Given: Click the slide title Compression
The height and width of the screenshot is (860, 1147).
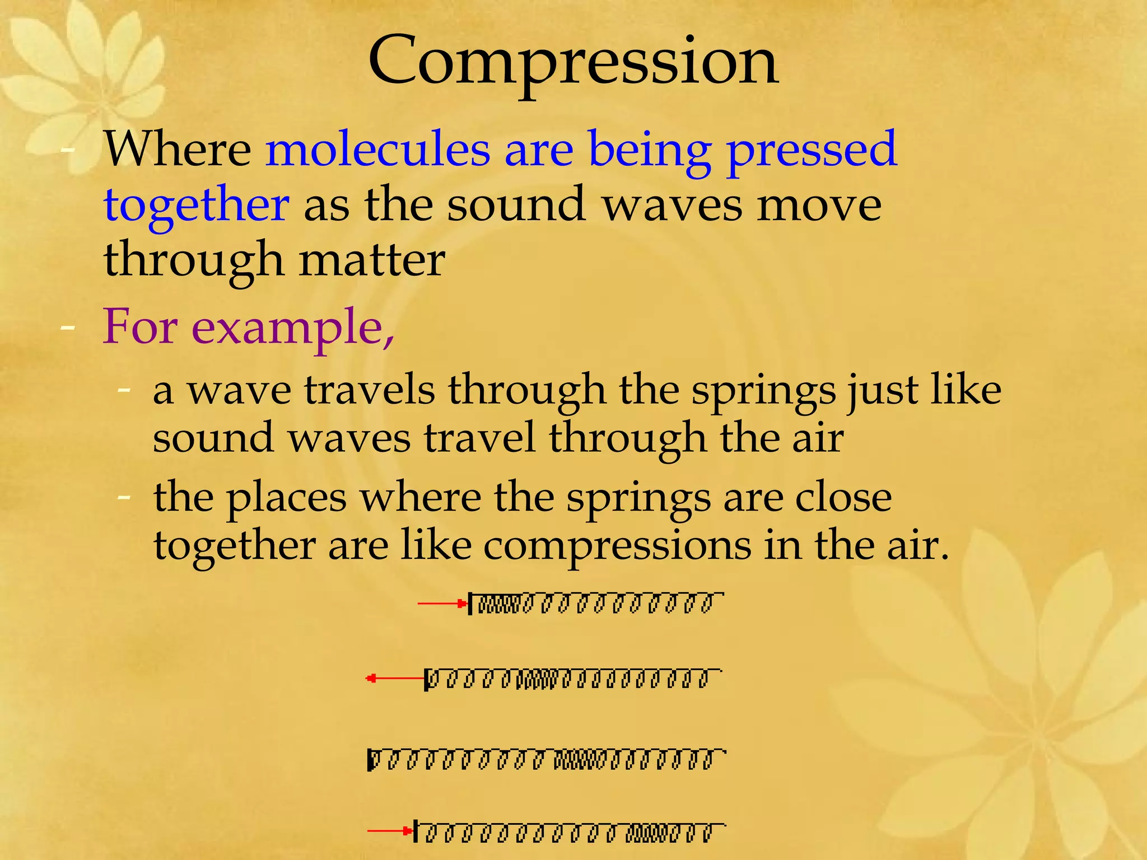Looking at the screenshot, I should pyautogui.click(x=572, y=62).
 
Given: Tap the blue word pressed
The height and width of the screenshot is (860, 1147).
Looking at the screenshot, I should pyautogui.click(x=812, y=150).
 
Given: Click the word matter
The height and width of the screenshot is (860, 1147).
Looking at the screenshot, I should pyautogui.click(x=372, y=260).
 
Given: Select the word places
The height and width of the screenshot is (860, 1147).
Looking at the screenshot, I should pyautogui.click(x=286, y=498).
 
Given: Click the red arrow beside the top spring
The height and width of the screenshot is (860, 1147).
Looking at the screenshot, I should pyautogui.click(x=442, y=603).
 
